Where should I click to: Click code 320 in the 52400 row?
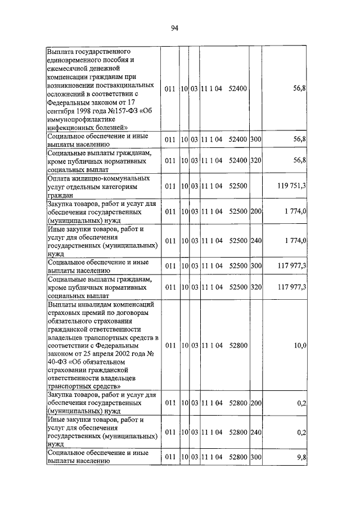coord(256,161)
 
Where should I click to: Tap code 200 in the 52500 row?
coord(256,211)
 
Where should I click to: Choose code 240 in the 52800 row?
coord(256,432)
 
